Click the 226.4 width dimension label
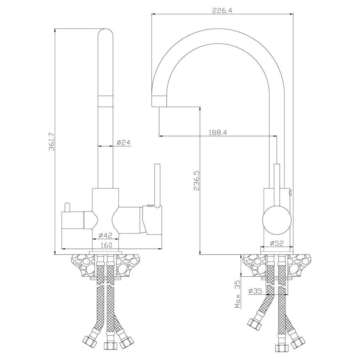tap(222, 11)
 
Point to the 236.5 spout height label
tap(197, 180)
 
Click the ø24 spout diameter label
tap(123, 143)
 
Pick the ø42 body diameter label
tap(105, 235)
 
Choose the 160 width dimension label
tap(106, 245)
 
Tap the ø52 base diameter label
tap(277, 243)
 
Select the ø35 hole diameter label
tap(255, 291)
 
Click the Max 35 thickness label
tap(237, 294)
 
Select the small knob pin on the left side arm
tap(67, 207)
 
